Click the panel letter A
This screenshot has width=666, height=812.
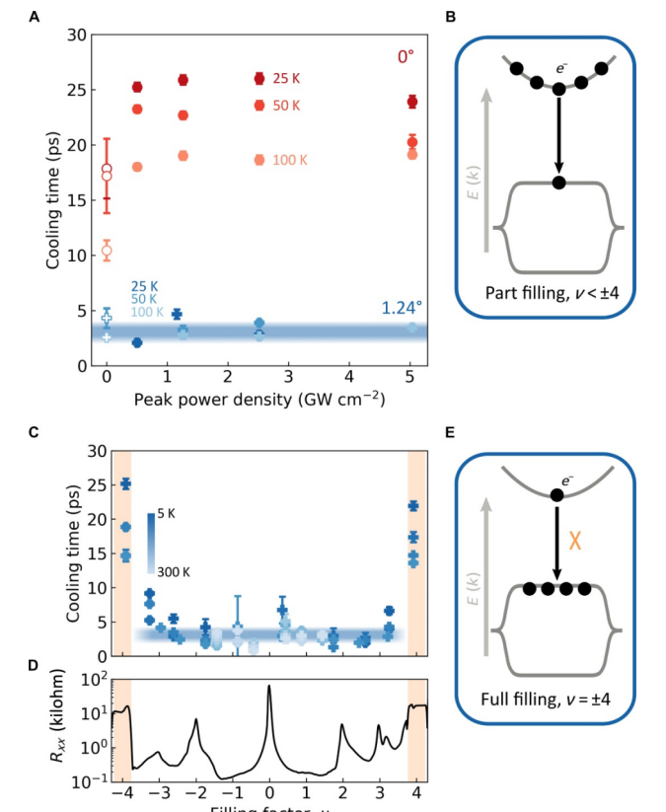click(x=34, y=17)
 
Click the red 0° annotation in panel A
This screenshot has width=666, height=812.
click(x=406, y=57)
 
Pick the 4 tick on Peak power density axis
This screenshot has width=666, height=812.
click(x=349, y=378)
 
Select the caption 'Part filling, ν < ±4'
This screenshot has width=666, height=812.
click(x=545, y=293)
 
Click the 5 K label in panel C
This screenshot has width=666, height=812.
click(x=166, y=514)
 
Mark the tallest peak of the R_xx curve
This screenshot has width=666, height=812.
click(x=269, y=686)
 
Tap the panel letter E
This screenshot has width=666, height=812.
click(x=450, y=433)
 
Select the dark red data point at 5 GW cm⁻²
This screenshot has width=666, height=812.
click(x=412, y=102)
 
